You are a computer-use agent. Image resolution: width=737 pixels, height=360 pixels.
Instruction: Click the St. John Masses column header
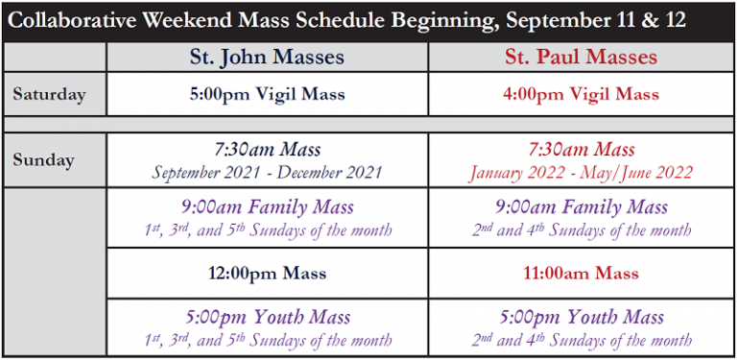[267, 57]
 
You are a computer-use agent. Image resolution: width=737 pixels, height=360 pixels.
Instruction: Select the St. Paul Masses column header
[582, 57]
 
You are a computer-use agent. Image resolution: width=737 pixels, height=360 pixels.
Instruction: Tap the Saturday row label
[49, 95]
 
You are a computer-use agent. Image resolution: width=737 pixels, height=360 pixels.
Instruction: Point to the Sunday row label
[43, 160]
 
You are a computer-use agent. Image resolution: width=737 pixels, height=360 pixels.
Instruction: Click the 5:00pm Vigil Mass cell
[267, 95]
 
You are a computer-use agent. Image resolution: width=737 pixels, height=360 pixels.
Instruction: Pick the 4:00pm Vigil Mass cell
[582, 95]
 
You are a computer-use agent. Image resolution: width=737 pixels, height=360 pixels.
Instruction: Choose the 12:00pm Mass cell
[267, 274]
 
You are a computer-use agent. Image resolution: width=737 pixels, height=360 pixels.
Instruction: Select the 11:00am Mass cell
[582, 274]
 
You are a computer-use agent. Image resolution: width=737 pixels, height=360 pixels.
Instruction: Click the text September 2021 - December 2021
[267, 173]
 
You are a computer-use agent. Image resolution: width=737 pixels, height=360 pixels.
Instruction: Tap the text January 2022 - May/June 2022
[582, 173]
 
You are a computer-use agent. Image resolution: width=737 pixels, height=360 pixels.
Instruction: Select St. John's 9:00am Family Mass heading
[267, 207]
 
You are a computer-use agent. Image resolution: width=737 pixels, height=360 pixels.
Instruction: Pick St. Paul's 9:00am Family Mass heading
[582, 207]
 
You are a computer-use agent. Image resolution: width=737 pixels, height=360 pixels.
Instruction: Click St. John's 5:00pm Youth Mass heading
[267, 318]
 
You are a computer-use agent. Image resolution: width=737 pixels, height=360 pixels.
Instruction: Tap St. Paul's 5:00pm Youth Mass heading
[582, 318]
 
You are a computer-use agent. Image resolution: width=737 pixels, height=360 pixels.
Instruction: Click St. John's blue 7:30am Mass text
[267, 150]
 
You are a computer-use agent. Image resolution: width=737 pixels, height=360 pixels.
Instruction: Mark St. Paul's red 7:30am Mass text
[582, 150]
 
